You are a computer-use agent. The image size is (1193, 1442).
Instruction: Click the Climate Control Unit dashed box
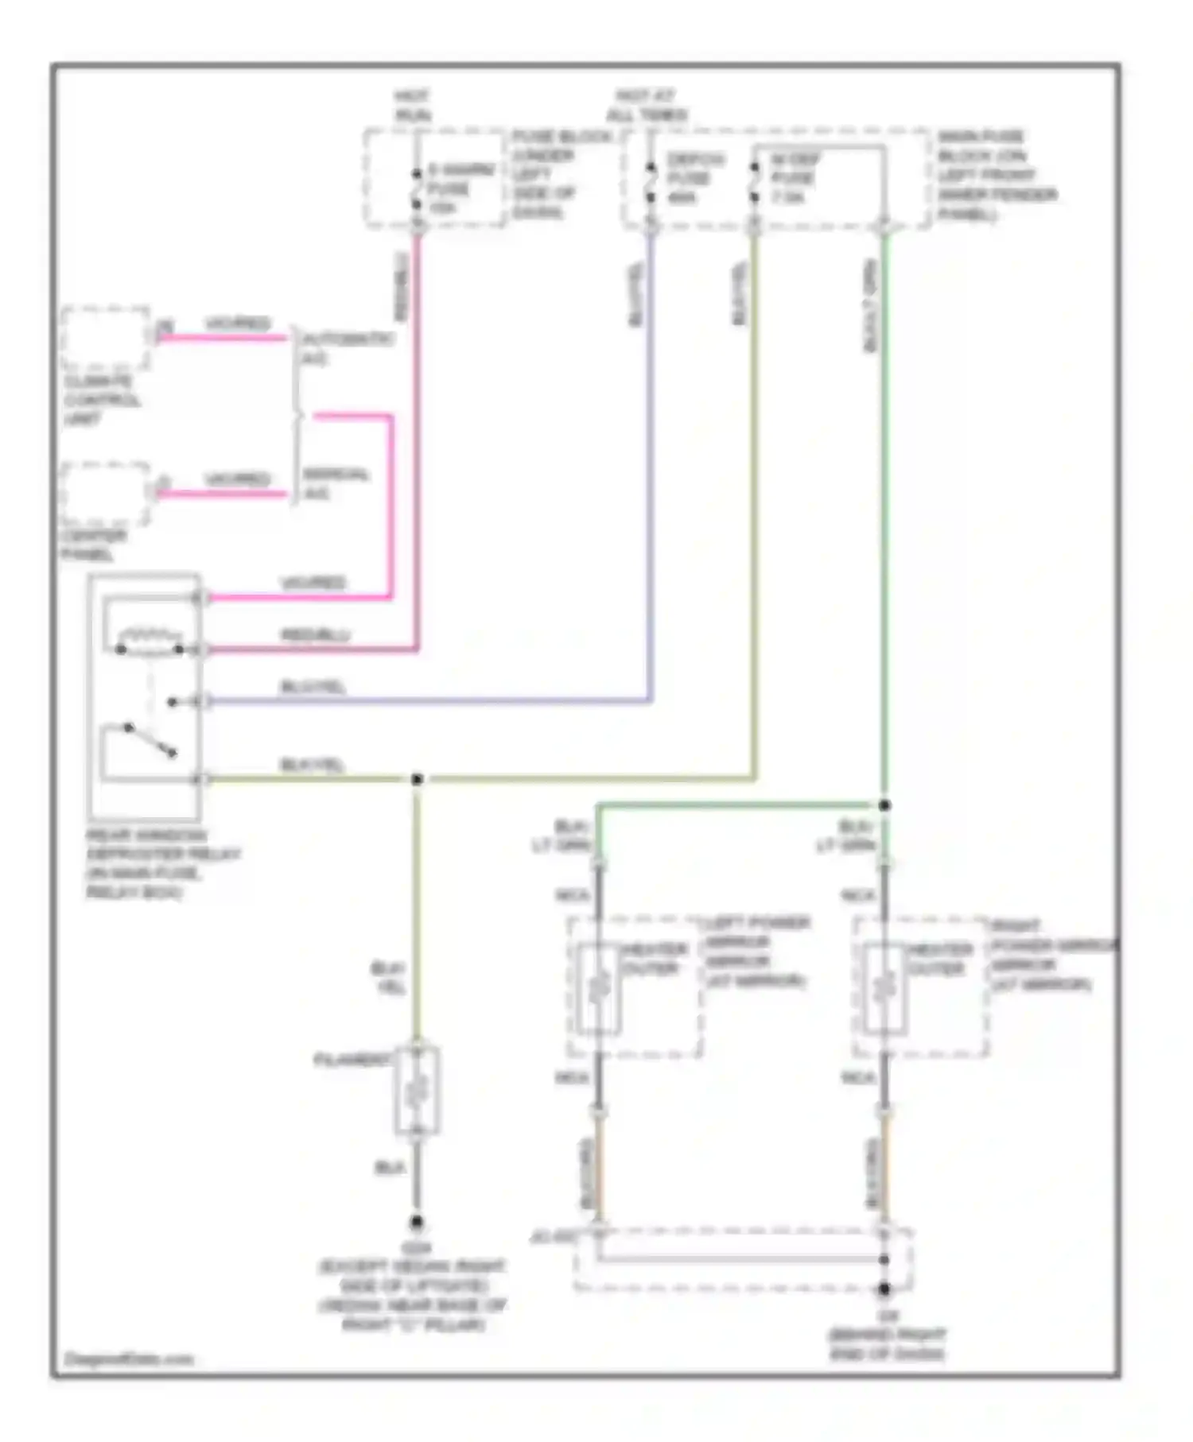tap(105, 337)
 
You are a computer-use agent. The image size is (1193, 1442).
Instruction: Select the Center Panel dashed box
tap(105, 493)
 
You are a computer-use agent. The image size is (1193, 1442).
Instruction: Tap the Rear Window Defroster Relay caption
tap(162, 863)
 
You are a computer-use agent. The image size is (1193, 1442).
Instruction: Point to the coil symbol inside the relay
tap(150, 639)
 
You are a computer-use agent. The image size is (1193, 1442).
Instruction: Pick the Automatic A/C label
tap(347, 348)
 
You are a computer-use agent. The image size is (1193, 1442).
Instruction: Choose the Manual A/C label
tap(336, 483)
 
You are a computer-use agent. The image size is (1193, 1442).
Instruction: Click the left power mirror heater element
tap(599, 988)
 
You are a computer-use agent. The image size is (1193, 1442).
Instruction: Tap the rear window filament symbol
tap(417, 1089)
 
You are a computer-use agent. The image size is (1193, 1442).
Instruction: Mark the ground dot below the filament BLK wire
tap(416, 1222)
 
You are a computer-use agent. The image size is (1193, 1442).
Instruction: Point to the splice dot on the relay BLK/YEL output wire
tap(417, 779)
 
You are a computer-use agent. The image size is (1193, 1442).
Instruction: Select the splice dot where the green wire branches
tap(884, 805)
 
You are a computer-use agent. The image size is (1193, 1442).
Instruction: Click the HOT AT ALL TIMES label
tap(646, 105)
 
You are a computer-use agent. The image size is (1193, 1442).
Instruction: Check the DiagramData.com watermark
tap(128, 1359)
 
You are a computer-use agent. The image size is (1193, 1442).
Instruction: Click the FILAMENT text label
tap(352, 1060)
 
